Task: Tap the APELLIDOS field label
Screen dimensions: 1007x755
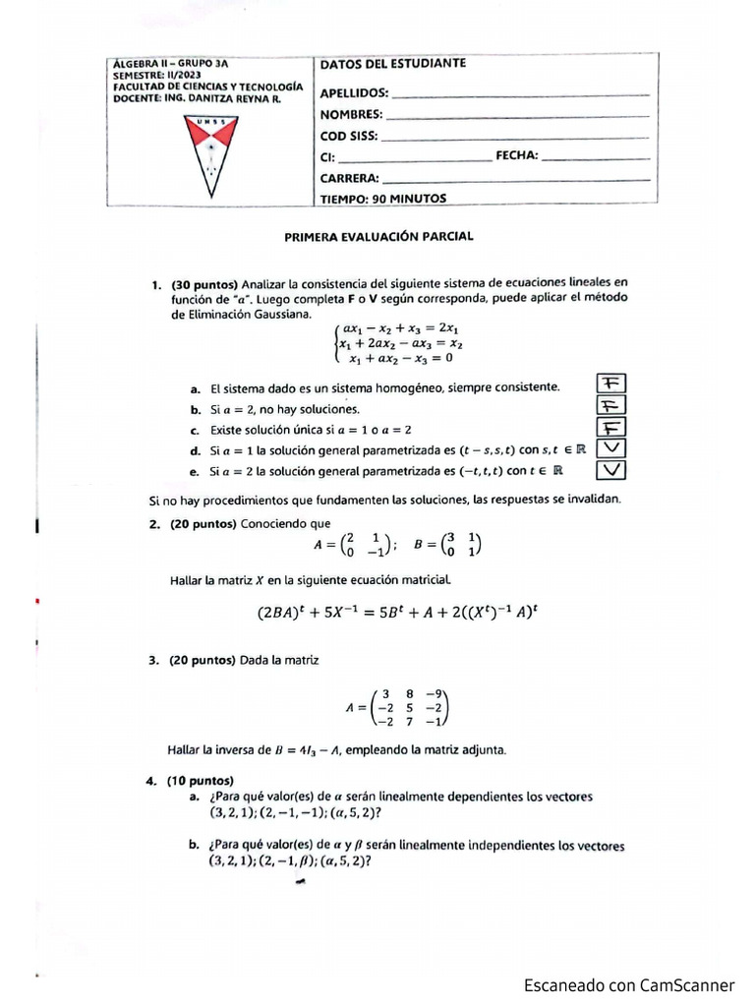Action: tap(354, 94)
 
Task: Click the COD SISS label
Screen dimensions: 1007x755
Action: tap(348, 137)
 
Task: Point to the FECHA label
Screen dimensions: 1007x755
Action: tap(516, 156)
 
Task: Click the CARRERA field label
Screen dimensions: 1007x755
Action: tap(349, 178)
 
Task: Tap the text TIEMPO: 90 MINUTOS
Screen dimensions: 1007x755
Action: tap(383, 199)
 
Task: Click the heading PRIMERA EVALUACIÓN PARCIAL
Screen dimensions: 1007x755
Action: tap(378, 237)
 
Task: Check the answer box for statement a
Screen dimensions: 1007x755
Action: tap(610, 385)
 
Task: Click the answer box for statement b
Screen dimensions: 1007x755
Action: tap(610, 406)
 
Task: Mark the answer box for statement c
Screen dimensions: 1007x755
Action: tap(610, 428)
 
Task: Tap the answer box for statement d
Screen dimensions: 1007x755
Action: tap(610, 448)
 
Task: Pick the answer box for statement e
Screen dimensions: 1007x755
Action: tap(610, 470)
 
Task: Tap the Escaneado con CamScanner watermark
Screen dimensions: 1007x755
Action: tap(628, 984)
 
